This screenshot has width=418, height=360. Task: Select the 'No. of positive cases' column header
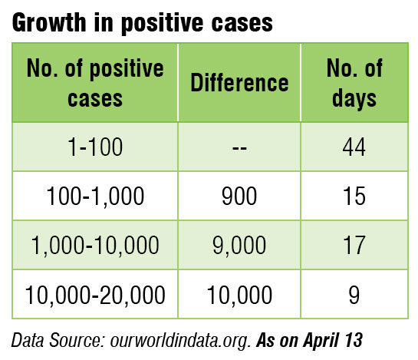94,82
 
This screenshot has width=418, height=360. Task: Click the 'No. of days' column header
355,82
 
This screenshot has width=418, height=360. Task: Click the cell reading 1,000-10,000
94,246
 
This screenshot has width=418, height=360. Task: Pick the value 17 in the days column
355,246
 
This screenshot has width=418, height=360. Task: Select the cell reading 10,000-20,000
94,295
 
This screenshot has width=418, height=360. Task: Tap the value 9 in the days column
355,295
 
